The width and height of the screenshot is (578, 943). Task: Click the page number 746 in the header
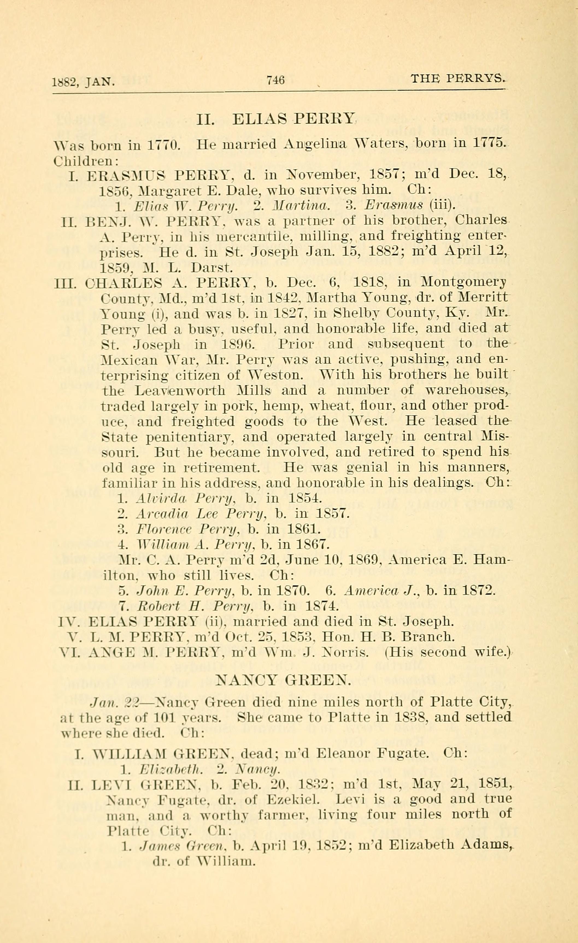coord(275,80)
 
